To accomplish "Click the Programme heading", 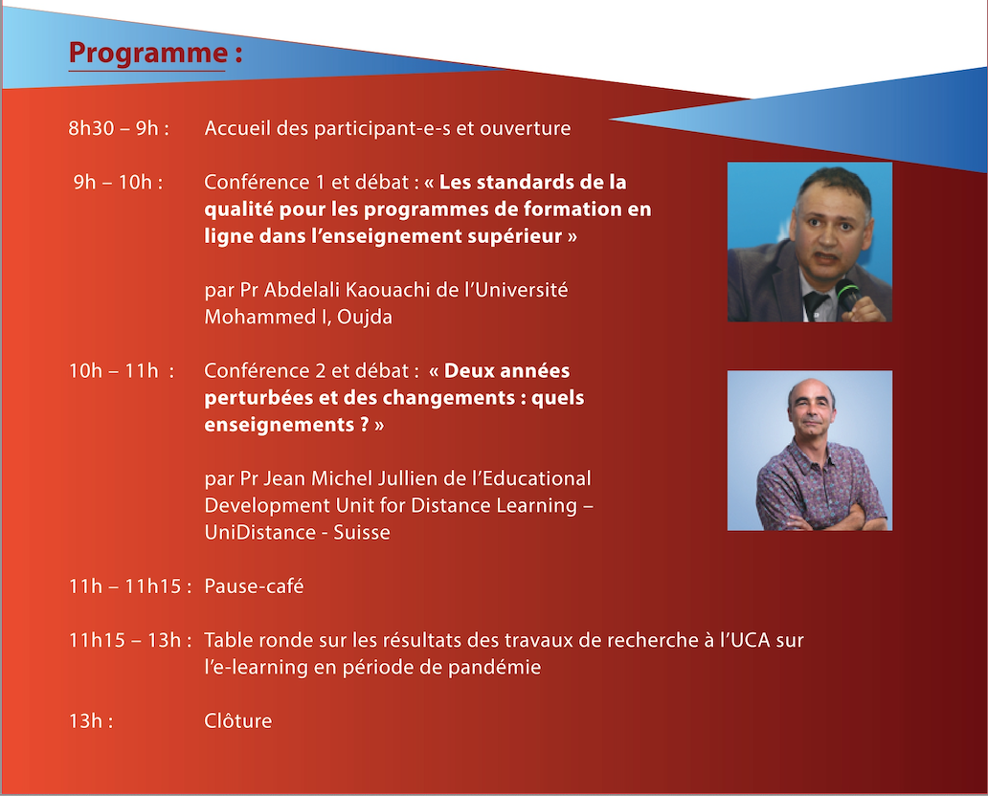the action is click(x=155, y=53).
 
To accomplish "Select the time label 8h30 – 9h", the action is click(x=119, y=128).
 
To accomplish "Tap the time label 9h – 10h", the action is click(x=118, y=182).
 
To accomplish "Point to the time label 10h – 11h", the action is click(x=121, y=370).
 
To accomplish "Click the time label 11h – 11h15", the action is click(x=130, y=586).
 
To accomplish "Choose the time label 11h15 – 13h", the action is click(x=130, y=640).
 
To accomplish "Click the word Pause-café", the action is click(x=254, y=586).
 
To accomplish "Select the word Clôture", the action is click(x=238, y=720).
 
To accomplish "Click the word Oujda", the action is click(x=365, y=317).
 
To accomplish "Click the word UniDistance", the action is click(x=258, y=532).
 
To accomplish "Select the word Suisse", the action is click(x=362, y=532).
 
